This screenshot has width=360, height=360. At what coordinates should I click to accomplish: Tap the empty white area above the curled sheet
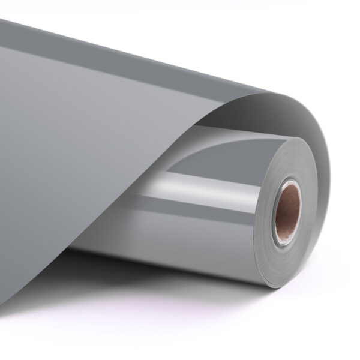point(270,36)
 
